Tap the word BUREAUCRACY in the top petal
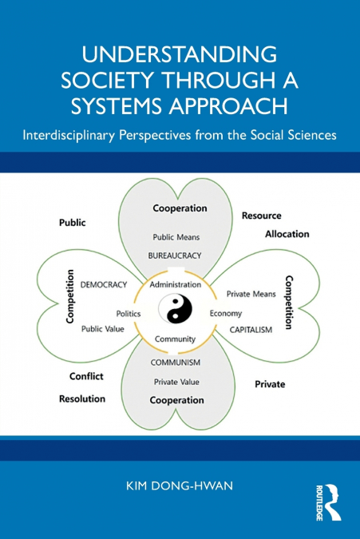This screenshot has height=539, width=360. (x=180, y=256)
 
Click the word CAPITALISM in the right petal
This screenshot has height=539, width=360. (x=251, y=329)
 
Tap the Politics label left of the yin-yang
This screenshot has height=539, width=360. (x=129, y=314)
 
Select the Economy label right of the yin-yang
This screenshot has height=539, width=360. (x=226, y=314)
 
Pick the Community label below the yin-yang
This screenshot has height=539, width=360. (x=176, y=339)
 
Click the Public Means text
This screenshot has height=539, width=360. (x=177, y=236)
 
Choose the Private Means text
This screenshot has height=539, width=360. (x=251, y=294)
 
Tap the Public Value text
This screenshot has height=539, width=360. (x=103, y=328)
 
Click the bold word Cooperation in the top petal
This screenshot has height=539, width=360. (x=180, y=208)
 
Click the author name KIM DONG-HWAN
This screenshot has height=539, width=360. (x=180, y=485)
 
